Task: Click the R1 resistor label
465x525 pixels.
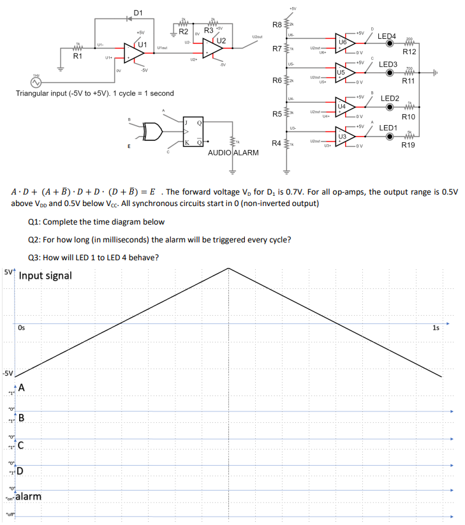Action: (x=78, y=57)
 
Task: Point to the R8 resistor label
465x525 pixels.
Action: (x=276, y=25)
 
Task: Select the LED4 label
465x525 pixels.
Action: (x=388, y=36)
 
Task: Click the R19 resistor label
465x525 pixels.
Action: (x=408, y=145)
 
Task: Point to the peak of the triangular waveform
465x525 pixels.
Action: (x=228, y=268)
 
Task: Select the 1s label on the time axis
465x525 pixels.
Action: (x=436, y=328)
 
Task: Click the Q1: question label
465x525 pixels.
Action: (x=36, y=222)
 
